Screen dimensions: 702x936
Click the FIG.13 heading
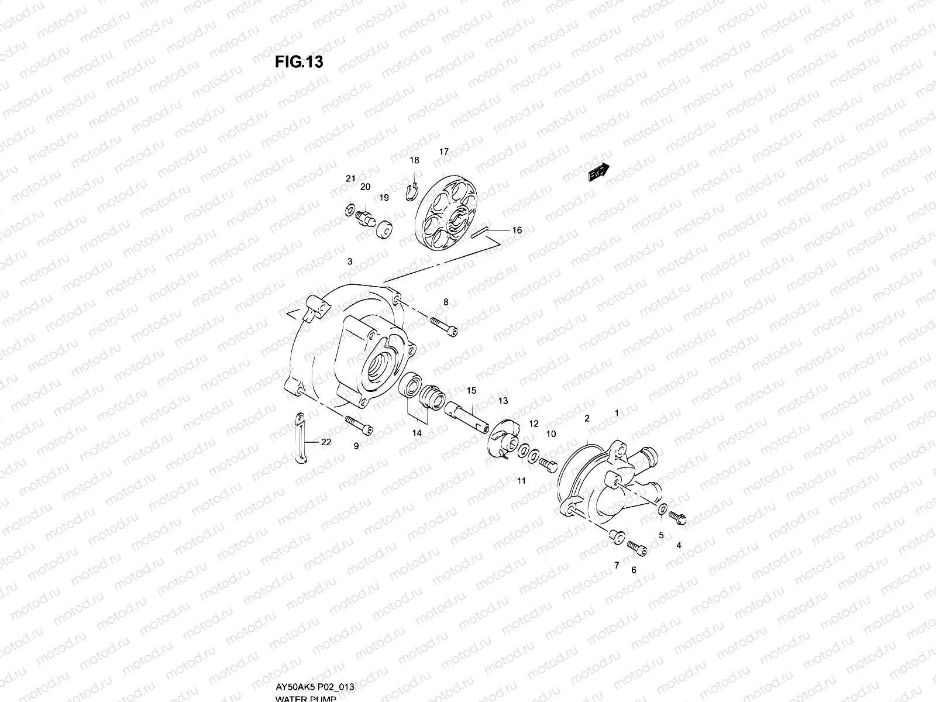(x=299, y=62)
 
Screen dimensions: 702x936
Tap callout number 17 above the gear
(x=444, y=152)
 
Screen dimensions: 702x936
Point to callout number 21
(x=350, y=178)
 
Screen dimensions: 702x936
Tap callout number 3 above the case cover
(x=350, y=261)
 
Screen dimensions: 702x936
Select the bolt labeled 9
(x=359, y=425)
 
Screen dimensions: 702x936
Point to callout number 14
(x=417, y=433)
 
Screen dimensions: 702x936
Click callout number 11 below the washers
(x=521, y=481)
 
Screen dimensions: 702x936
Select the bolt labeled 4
(x=678, y=517)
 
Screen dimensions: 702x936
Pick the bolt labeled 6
(x=638, y=548)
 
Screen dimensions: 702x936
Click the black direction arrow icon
(x=598, y=173)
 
